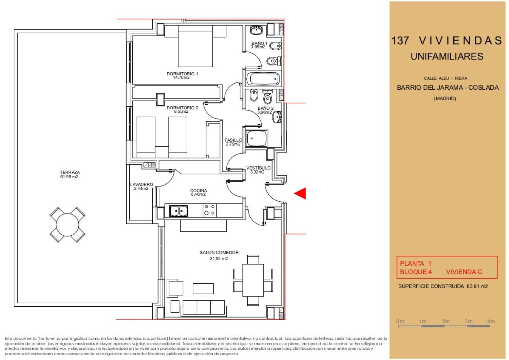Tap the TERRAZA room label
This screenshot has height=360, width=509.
70,173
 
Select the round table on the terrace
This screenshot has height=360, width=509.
68,225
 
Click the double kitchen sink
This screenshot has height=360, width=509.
178,211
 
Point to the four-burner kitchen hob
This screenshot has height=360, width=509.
209,210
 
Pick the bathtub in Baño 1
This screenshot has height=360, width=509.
263,79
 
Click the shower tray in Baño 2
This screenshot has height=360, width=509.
257,138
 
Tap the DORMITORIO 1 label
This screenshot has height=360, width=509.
183,74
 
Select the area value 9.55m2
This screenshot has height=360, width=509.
181,112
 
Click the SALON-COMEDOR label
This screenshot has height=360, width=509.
219,252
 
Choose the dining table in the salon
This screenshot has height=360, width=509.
253,280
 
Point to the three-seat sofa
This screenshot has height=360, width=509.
204,308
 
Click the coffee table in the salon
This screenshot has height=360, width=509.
203,289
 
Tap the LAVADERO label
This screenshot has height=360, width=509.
142,184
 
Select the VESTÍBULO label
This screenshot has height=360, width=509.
258,168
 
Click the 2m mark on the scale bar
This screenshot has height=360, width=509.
446,321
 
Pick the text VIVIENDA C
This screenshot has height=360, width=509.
464,272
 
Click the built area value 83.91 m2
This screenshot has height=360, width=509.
477,286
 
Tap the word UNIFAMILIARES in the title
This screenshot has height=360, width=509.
447,56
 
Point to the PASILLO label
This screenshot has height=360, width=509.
233,140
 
